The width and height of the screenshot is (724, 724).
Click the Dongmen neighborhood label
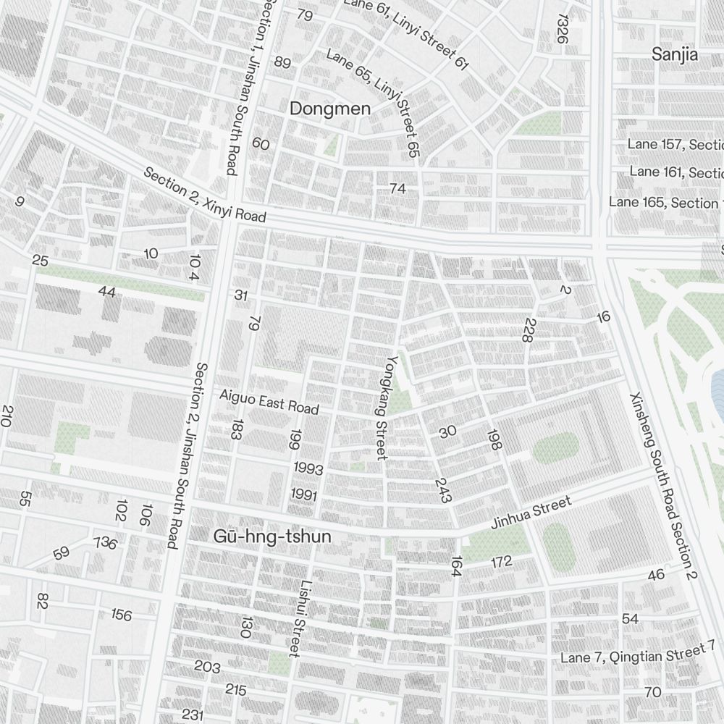329,109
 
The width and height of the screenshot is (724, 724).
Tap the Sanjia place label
674,54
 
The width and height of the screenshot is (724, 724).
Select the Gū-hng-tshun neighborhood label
272,536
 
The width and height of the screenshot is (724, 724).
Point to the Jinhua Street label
531,513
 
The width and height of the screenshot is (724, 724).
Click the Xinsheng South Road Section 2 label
662,487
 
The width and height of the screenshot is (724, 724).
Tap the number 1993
308,469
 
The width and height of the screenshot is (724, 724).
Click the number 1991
304,494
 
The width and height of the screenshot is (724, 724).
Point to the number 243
442,489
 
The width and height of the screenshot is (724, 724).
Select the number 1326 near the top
562,29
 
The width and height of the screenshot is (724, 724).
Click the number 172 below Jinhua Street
501,561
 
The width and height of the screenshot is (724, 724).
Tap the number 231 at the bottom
193,715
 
